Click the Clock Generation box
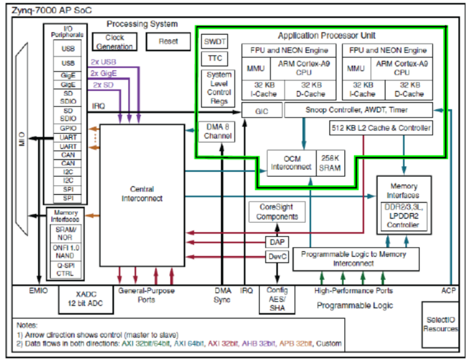point(114,42)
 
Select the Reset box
point(168,42)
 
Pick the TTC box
point(215,59)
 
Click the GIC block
point(262,111)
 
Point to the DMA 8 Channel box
point(219,131)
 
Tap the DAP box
point(276,242)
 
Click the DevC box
point(276,257)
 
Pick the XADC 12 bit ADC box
point(86,300)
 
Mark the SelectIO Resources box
point(440,324)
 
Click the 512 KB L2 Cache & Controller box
point(381,128)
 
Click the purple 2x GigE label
point(103,73)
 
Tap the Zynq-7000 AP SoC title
point(45,9)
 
